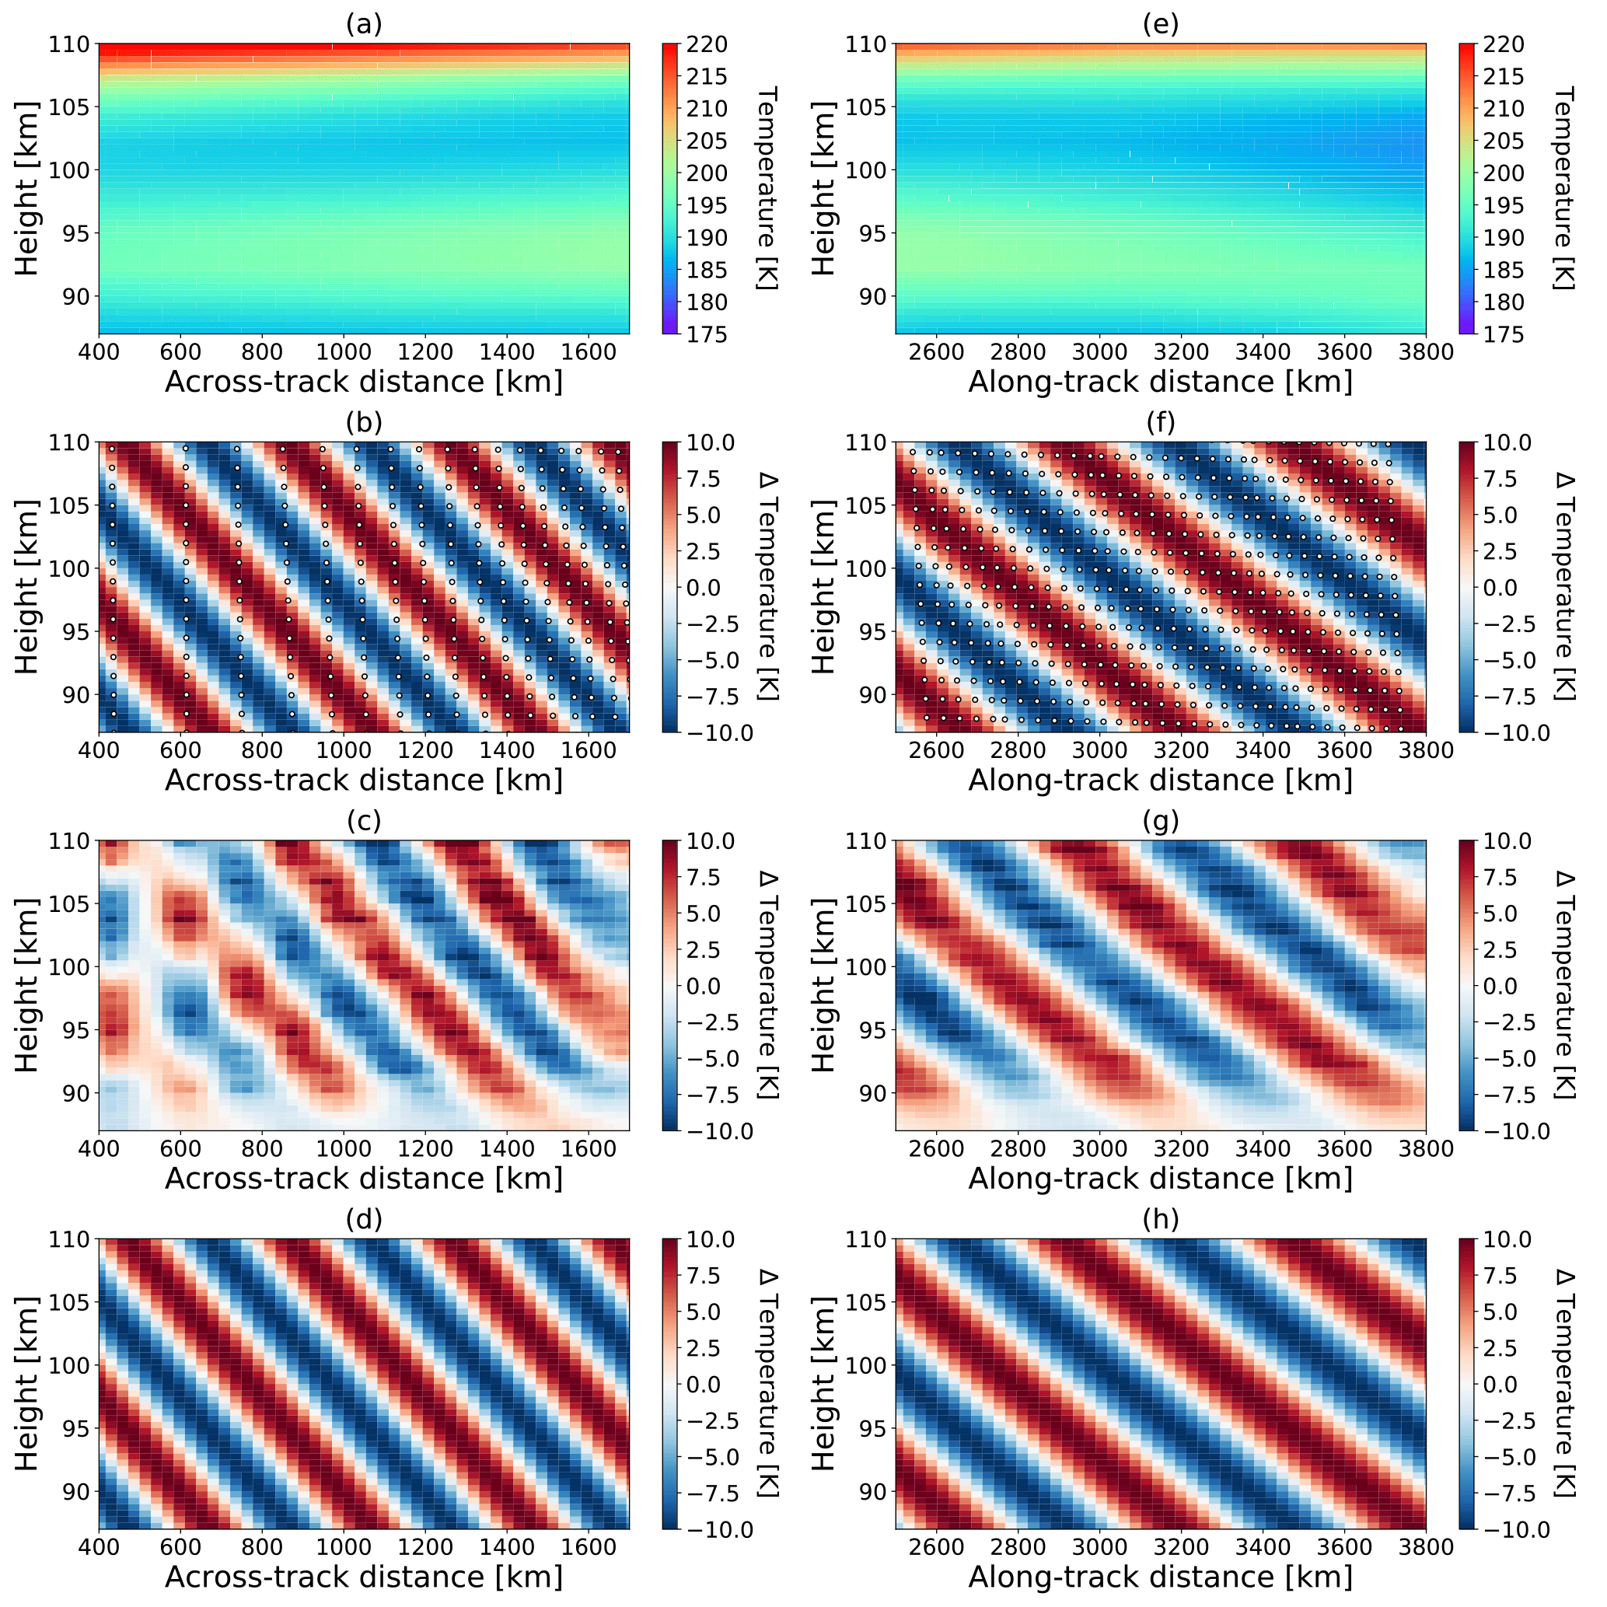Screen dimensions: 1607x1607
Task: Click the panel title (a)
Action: (364, 25)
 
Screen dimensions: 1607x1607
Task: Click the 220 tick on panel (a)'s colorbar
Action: (706, 44)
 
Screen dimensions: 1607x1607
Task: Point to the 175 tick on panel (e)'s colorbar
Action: (1503, 334)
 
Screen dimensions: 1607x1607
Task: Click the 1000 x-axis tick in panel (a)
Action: (344, 352)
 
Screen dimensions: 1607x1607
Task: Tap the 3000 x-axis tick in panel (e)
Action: (1099, 352)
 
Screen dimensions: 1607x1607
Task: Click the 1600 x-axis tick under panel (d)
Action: (588, 1547)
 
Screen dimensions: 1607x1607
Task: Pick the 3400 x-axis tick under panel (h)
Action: (1263, 1547)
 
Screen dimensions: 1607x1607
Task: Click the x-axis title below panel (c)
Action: (364, 1179)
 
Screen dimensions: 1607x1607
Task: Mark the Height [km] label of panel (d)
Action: (27, 1383)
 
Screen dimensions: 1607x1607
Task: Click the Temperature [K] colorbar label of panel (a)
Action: (767, 188)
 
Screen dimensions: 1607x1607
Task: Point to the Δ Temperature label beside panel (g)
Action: (1563, 985)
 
